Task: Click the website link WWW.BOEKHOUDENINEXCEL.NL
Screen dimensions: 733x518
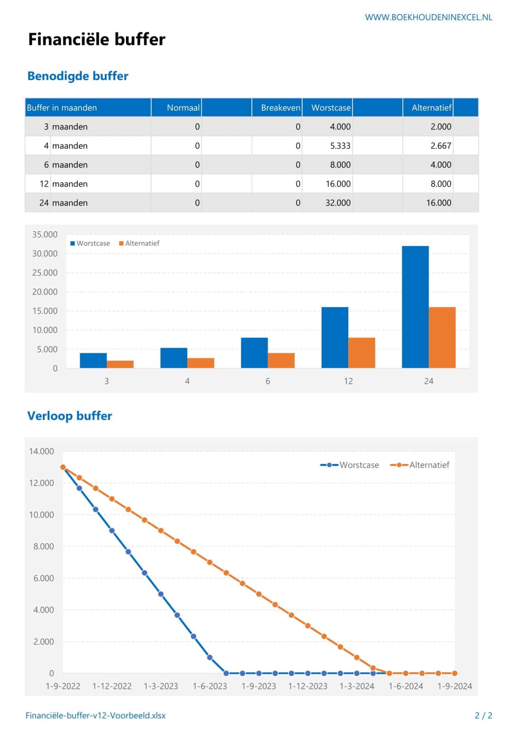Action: click(x=428, y=17)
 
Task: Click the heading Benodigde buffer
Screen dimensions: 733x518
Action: click(x=78, y=76)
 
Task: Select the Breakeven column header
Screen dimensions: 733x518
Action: click(x=280, y=108)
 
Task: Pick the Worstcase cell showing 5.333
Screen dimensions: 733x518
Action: click(x=340, y=146)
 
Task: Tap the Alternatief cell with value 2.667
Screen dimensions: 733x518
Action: click(x=440, y=146)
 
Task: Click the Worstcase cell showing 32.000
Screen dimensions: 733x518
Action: click(x=338, y=203)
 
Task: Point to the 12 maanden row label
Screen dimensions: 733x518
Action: click(x=64, y=184)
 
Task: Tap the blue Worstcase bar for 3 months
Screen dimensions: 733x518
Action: click(x=93, y=360)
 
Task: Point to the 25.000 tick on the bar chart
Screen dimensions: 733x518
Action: click(x=45, y=273)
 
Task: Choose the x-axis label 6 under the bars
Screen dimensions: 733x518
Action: click(x=268, y=381)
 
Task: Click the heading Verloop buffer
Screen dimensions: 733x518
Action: click(x=69, y=416)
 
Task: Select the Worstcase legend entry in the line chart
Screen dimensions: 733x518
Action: click(x=350, y=465)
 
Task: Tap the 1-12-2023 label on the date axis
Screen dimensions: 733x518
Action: click(x=308, y=686)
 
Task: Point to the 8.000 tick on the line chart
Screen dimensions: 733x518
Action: click(x=43, y=547)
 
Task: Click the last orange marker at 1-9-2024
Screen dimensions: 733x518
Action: click(x=454, y=673)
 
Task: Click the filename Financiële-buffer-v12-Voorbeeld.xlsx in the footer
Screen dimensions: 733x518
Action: click(x=96, y=715)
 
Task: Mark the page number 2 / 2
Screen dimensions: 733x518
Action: click(x=483, y=715)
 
